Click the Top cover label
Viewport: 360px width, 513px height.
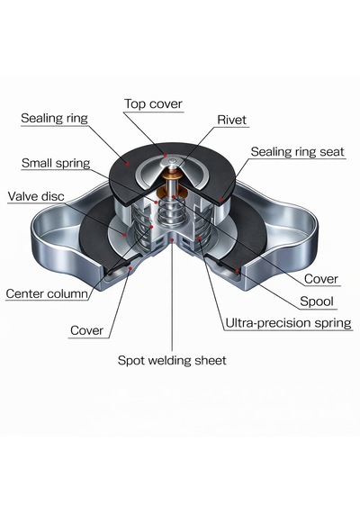(x=153, y=104)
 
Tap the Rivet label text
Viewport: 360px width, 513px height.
(x=231, y=120)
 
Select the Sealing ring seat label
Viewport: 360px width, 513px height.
(x=298, y=152)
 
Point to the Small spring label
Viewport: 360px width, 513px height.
(x=56, y=163)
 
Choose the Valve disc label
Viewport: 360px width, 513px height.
(x=36, y=196)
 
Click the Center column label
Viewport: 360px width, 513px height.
(x=47, y=293)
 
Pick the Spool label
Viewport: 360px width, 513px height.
(x=317, y=301)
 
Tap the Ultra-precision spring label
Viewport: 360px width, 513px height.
(x=288, y=323)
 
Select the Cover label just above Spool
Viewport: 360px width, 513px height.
(x=321, y=279)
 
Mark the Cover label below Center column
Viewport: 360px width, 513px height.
(x=86, y=330)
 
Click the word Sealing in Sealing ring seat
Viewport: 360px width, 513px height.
(x=270, y=152)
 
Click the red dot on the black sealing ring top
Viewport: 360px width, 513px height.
(x=128, y=163)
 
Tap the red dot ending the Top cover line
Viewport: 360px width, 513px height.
(x=166, y=155)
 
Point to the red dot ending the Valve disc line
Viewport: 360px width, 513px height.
(x=124, y=234)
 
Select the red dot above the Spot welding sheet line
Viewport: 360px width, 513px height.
(x=172, y=239)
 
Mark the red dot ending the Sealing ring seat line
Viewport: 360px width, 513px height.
(x=220, y=199)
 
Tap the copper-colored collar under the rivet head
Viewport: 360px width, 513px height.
(x=170, y=174)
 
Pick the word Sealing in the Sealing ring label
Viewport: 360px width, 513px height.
(x=40, y=119)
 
